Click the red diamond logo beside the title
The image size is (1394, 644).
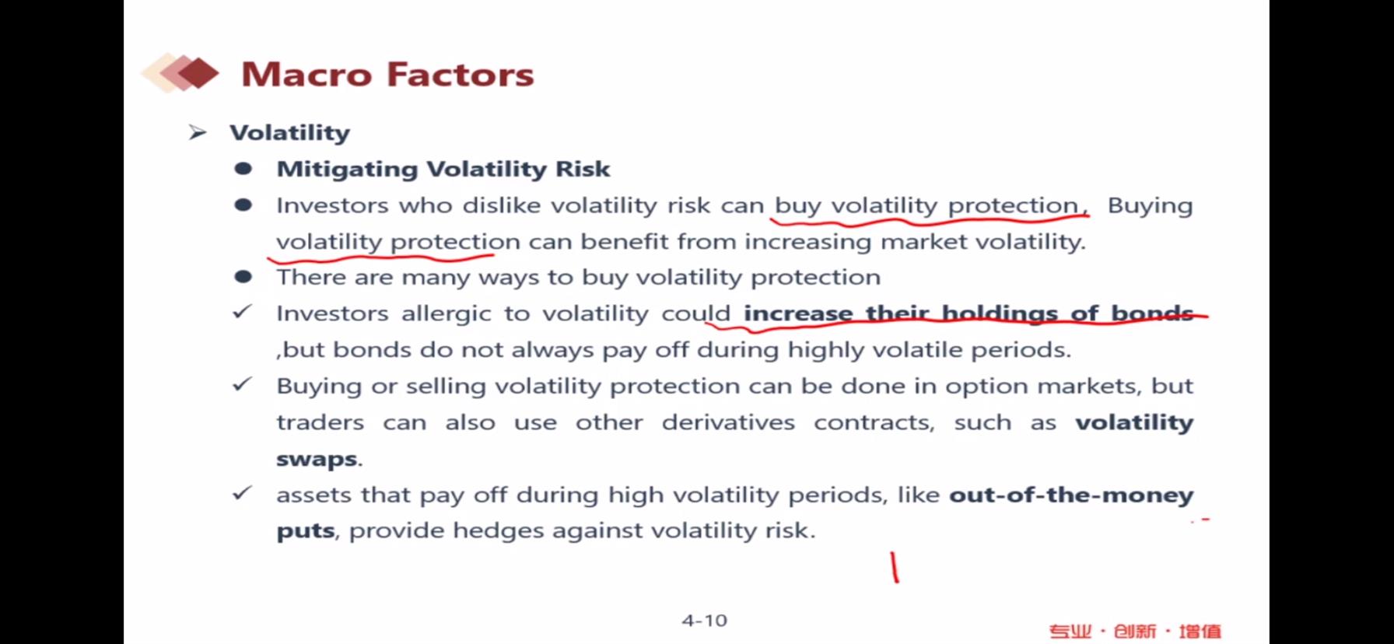pyautogui.click(x=180, y=73)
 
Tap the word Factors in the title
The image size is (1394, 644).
pyautogui.click(x=461, y=75)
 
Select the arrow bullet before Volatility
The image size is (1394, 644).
pyautogui.click(x=198, y=133)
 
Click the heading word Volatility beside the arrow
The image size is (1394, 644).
pyautogui.click(x=289, y=133)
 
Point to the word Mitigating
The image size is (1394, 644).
pyautogui.click(x=347, y=170)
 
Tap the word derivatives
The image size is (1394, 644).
pyautogui.click(x=728, y=422)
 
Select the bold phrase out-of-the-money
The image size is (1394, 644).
pyautogui.click(x=1071, y=495)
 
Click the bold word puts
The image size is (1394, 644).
pyautogui.click(x=306, y=532)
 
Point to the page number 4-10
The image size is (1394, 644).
pyautogui.click(x=704, y=621)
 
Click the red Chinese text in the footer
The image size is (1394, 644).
pyautogui.click(x=1135, y=631)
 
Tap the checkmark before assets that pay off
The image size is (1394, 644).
pyautogui.click(x=243, y=493)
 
